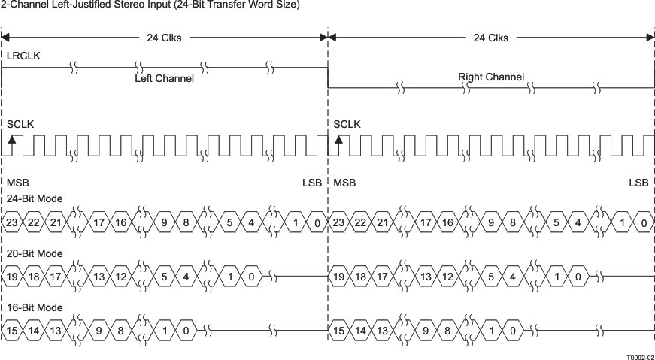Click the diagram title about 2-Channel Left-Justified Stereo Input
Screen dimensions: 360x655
tap(150, 5)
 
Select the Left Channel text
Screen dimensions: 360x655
tap(164, 78)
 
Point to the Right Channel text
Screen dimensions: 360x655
tap(491, 77)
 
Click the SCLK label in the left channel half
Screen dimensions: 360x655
tap(20, 124)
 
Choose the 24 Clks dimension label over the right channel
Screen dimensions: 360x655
tap(490, 38)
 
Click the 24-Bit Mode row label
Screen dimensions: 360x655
tap(35, 199)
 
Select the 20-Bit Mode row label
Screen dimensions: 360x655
tap(35, 253)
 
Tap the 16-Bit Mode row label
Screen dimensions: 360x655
tap(35, 307)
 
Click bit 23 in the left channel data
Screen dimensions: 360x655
tap(12, 223)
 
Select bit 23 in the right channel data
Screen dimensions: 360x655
tap(339, 223)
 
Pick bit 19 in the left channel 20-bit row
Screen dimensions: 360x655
tap(12, 277)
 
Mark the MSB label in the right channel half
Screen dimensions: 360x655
tap(344, 183)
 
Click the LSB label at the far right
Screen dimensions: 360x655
tap(638, 183)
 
